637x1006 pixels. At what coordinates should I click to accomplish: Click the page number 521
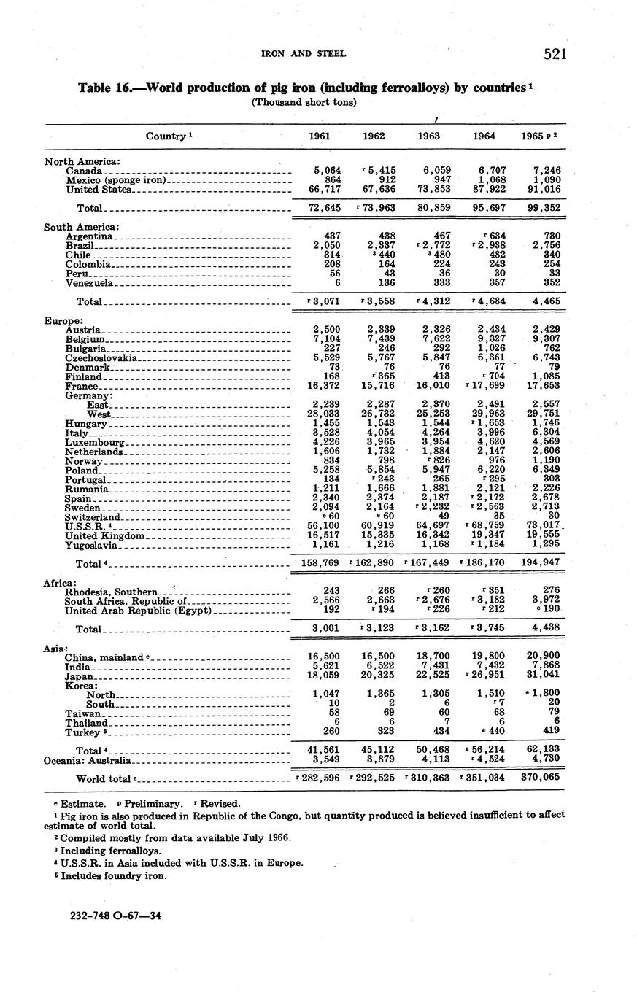click(555, 54)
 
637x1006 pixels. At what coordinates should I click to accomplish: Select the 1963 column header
click(428, 136)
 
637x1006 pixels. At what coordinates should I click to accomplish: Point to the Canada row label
click(83, 171)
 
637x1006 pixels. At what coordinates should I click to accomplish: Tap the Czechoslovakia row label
click(101, 358)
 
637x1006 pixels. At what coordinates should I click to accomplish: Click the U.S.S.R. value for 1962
click(377, 526)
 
